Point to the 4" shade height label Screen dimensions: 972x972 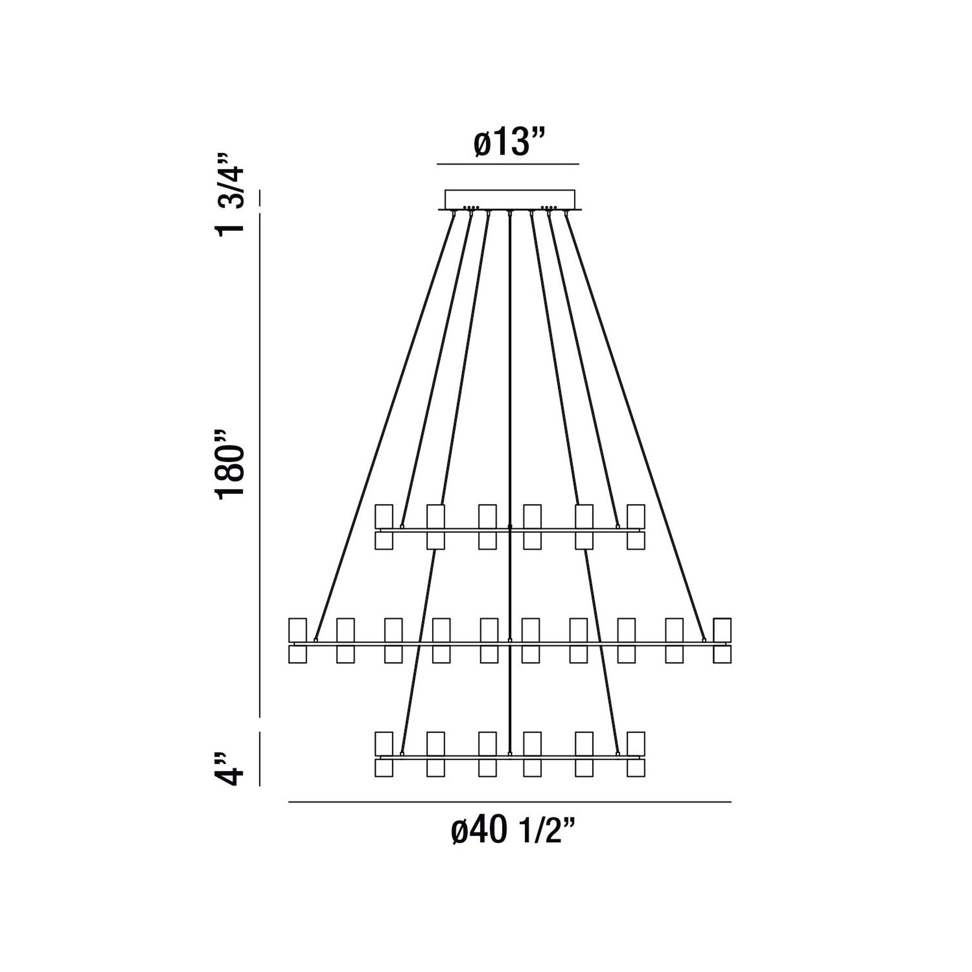point(230,783)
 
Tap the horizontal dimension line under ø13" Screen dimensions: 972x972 point(507,164)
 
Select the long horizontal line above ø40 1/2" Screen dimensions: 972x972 point(509,816)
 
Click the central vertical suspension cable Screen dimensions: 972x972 point(509,403)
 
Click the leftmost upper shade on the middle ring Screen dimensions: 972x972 point(297,630)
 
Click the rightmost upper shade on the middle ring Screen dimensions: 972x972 point(722,630)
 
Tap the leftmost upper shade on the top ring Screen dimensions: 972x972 point(384,516)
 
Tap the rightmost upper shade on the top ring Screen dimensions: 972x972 point(636,516)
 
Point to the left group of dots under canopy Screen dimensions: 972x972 point(471,207)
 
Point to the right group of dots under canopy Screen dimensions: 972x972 point(548,207)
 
